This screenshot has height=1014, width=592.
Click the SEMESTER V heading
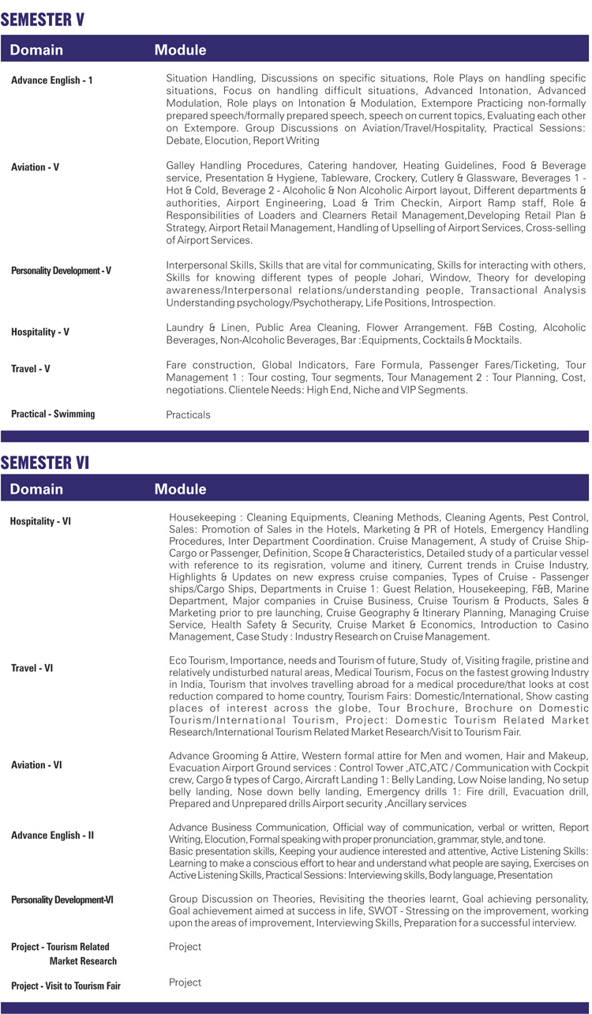pyautogui.click(x=43, y=20)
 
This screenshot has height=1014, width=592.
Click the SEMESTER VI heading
pyautogui.click(x=45, y=462)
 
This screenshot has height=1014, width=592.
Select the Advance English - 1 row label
pyautogui.click(x=52, y=81)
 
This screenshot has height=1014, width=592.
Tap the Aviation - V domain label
pyautogui.click(x=35, y=167)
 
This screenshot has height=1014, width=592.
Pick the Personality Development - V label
pyautogui.click(x=61, y=271)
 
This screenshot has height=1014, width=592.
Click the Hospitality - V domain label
pyautogui.click(x=40, y=332)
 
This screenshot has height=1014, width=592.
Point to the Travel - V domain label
pyautogui.click(x=31, y=369)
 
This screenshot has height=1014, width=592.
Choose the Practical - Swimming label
pyautogui.click(x=53, y=414)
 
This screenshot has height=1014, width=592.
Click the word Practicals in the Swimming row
pyautogui.click(x=188, y=414)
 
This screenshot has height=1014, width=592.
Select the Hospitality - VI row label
pyautogui.click(x=40, y=521)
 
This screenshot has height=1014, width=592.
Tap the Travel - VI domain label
pyautogui.click(x=32, y=668)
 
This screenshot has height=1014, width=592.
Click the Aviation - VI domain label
pyautogui.click(x=36, y=765)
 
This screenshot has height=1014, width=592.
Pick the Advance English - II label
pyautogui.click(x=52, y=835)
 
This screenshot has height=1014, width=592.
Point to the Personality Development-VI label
pyautogui.click(x=62, y=899)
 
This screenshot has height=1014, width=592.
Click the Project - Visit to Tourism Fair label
pyautogui.click(x=66, y=986)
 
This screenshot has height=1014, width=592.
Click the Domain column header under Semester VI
pyautogui.click(x=36, y=489)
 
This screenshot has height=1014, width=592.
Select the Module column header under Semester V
pyautogui.click(x=180, y=50)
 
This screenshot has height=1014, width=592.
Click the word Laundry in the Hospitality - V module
pyautogui.click(x=184, y=327)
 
